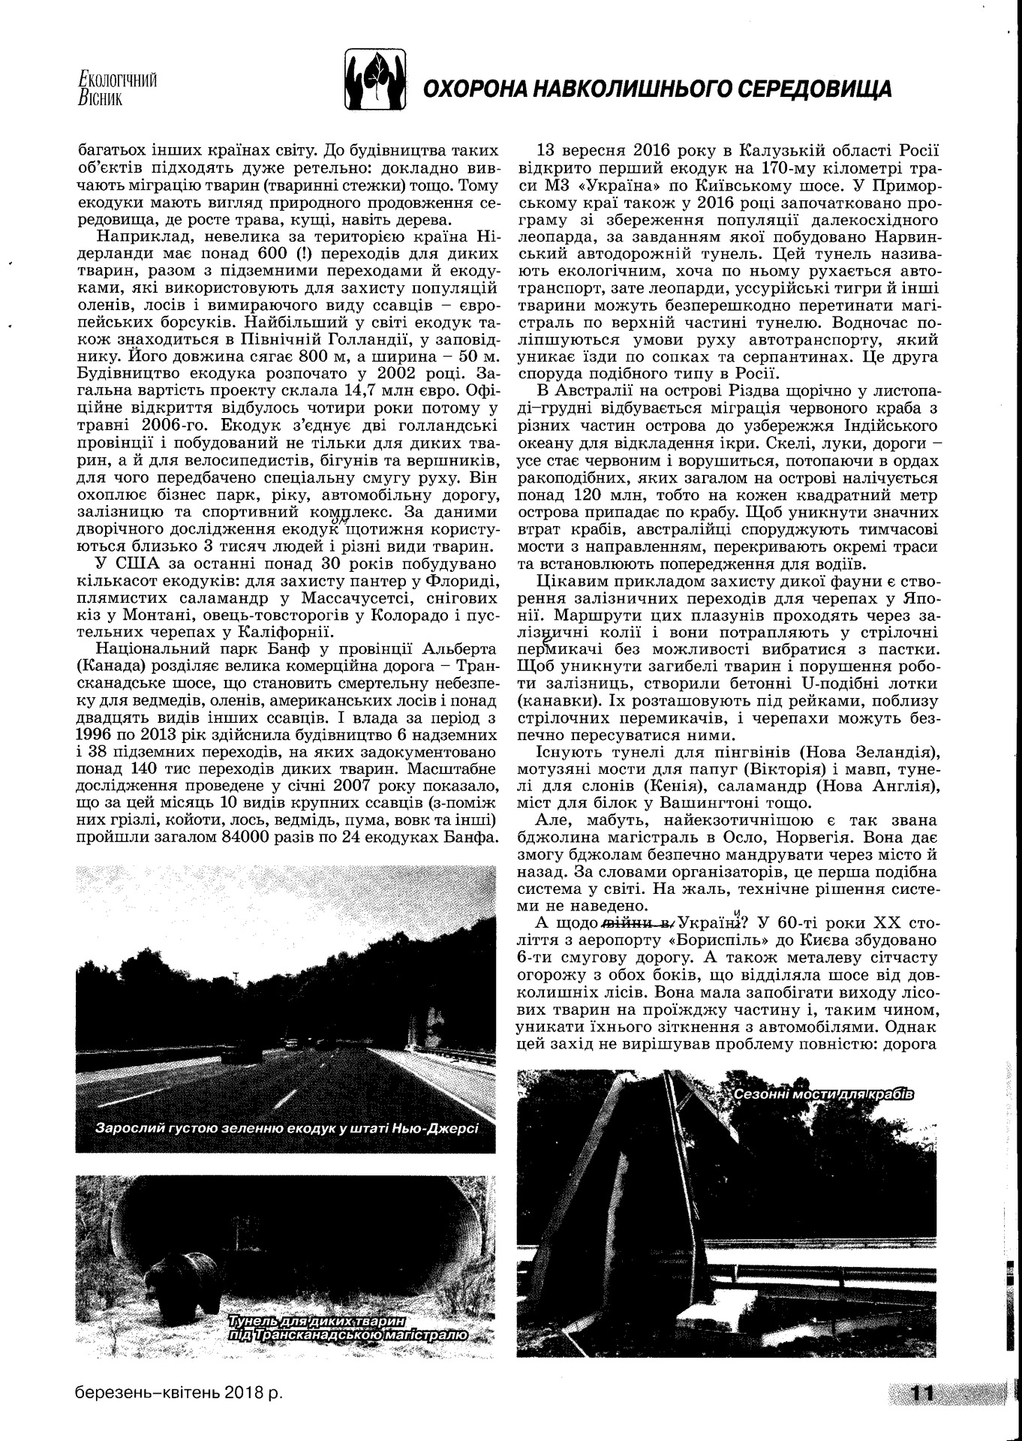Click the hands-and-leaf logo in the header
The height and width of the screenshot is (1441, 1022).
[375, 78]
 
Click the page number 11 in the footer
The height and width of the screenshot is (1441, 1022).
[921, 1393]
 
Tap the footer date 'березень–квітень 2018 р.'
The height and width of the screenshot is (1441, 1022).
[179, 1393]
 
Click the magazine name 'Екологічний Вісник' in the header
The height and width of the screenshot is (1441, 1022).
[117, 87]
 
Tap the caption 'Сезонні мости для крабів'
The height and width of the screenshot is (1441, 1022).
[823, 1094]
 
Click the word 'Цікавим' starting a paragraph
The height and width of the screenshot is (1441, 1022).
[573, 580]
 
